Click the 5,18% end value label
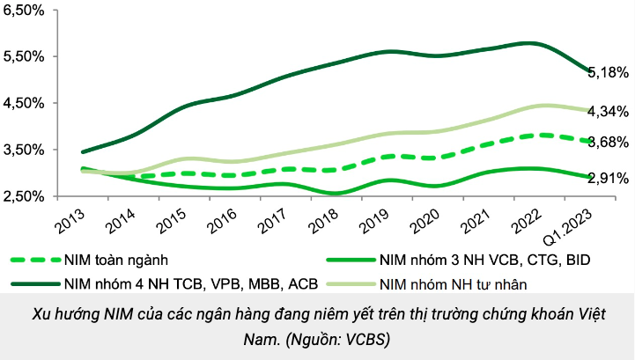point(608,73)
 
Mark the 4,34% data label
point(608,112)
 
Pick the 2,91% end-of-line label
point(608,179)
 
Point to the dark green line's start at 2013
point(82,152)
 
